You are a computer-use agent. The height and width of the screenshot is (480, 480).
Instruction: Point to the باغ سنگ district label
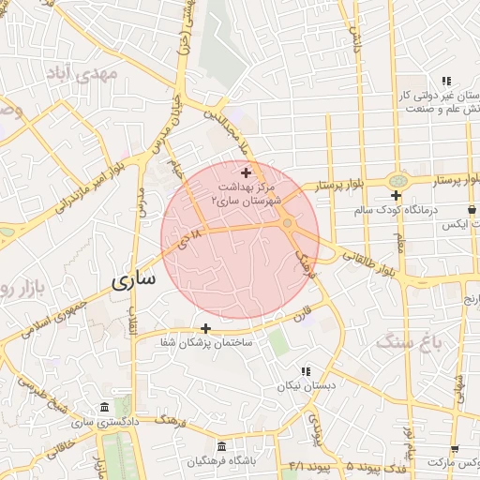click(408, 343)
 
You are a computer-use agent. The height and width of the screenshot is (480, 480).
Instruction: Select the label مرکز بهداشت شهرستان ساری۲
click(247, 194)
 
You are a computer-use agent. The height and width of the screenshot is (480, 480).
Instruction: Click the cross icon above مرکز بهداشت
click(247, 172)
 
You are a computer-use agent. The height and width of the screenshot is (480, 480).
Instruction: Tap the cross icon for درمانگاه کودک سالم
click(397, 196)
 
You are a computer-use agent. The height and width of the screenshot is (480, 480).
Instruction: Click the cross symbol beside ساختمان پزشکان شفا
click(205, 328)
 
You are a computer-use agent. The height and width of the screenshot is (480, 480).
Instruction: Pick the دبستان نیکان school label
click(303, 385)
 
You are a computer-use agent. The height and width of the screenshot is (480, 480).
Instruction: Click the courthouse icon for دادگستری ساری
click(102, 409)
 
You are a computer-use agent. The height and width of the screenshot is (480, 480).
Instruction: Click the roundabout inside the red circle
click(287, 224)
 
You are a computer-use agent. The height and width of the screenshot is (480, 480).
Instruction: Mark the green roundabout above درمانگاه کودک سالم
click(399, 179)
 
